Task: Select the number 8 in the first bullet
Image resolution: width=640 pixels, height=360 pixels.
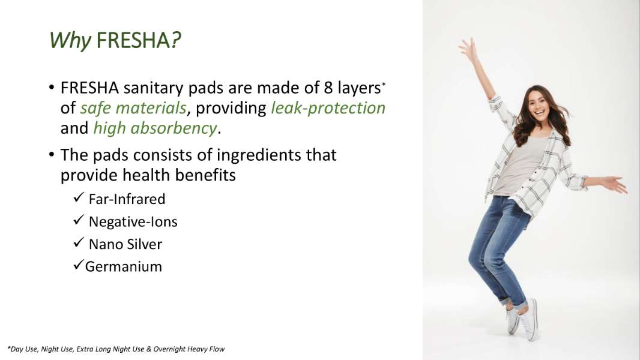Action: [328, 88]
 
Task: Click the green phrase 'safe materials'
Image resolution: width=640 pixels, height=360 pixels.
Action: [133, 108]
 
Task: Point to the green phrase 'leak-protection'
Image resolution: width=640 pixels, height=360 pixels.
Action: [328, 109]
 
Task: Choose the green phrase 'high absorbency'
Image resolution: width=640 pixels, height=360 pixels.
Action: [155, 128]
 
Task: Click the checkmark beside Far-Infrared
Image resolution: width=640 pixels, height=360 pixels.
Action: [79, 197]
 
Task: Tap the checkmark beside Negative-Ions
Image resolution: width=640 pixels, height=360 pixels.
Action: [79, 220]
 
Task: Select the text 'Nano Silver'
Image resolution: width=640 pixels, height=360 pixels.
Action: [125, 244]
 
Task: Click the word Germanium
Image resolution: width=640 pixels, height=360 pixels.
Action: [123, 266]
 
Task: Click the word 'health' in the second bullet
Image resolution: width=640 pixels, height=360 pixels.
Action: [146, 175]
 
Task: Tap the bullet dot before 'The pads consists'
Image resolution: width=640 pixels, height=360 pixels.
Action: [52, 155]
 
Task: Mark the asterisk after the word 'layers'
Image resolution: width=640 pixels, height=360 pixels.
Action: [384, 85]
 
